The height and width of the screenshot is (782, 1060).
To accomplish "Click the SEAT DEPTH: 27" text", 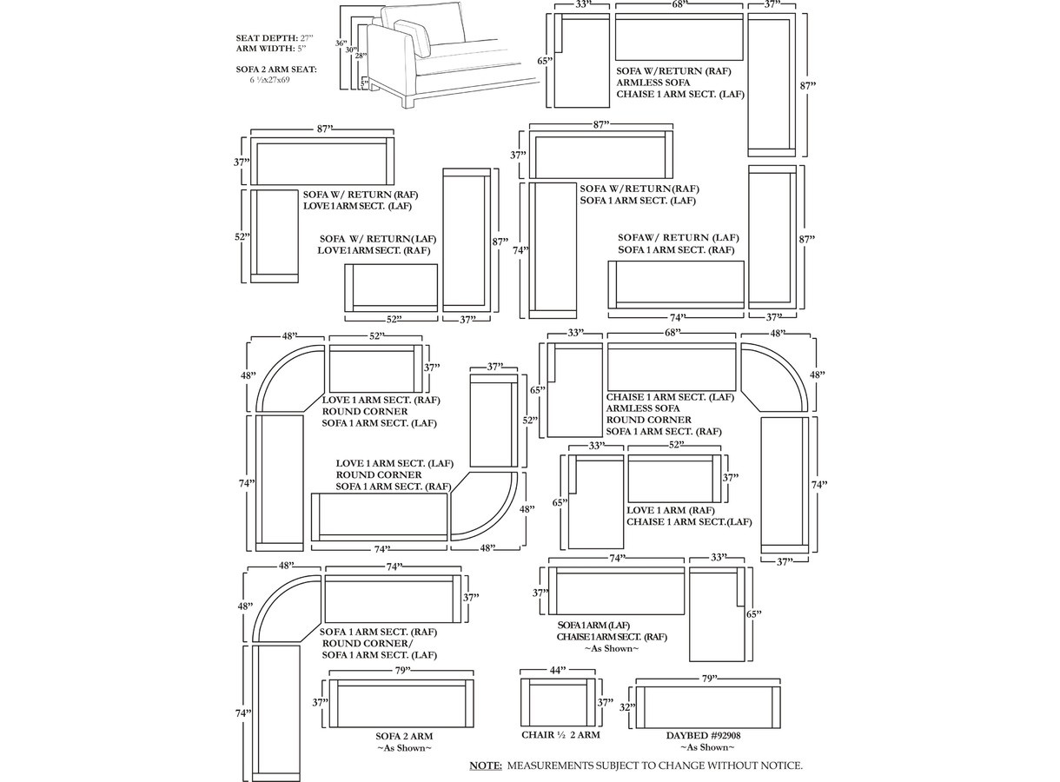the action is pos(275,38).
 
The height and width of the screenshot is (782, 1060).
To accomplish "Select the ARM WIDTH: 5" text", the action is pos(271,49).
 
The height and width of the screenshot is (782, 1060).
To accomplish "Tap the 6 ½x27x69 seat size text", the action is pos(269,80).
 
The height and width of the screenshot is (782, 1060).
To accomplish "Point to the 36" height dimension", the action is pos(341,43).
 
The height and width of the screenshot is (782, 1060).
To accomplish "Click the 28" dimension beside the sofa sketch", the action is pos(361,56).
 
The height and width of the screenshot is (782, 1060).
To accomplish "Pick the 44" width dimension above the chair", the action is pos(558,670).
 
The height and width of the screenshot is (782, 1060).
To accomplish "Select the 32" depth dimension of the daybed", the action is pos(627,707).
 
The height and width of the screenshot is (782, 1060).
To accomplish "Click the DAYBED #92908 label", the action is pos(703,736).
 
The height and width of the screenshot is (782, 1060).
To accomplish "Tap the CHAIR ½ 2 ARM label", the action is pos(560,735).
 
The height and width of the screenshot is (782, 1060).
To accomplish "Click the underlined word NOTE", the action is pos(486,765).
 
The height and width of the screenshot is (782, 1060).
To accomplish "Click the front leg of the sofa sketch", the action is pos(409,100).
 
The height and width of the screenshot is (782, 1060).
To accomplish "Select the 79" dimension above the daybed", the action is pos(707,679).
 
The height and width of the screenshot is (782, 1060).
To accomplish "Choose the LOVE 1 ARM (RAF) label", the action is pos(671,510).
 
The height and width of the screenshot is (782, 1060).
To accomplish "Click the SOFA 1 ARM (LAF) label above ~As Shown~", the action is pos(593,626).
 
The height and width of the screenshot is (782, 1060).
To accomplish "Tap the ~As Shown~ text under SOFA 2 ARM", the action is pos(405,748).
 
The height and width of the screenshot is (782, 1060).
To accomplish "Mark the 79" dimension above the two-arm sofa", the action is pos(401,670).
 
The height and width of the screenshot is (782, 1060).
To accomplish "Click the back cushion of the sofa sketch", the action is pos(422,22).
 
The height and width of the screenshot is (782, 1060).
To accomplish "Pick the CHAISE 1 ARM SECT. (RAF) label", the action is pos(612,637).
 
